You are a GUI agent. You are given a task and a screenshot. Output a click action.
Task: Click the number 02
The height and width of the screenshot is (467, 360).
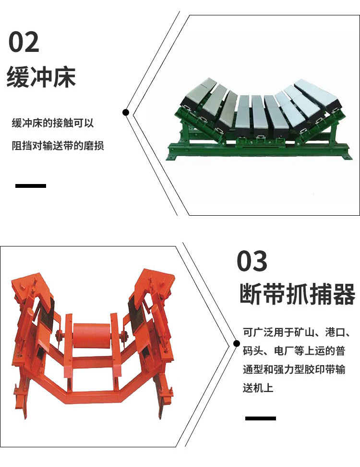(24, 42)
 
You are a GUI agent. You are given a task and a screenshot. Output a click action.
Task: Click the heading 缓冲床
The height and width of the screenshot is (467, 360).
(41, 77)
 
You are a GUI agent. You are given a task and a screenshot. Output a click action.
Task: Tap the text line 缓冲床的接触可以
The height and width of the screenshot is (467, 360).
(53, 123)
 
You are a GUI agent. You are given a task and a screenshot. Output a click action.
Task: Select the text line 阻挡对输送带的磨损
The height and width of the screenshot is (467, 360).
(58, 146)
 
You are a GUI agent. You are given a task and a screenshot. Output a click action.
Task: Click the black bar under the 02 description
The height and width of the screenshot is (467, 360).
(31, 186)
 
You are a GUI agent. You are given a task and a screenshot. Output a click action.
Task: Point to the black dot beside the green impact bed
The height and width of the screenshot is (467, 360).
(126, 112)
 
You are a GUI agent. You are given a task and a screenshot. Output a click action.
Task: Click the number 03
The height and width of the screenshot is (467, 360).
(252, 261)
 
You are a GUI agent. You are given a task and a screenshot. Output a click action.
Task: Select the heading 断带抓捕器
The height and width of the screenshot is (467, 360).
(298, 294)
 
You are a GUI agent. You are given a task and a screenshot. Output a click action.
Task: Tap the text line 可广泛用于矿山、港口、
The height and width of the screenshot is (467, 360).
(297, 332)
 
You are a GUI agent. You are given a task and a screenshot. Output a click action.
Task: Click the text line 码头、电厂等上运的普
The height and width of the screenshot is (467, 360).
(294, 351)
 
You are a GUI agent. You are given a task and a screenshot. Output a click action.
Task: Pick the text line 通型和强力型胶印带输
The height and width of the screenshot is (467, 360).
(294, 369)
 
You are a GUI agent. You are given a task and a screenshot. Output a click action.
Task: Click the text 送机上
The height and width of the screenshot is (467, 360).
(258, 388)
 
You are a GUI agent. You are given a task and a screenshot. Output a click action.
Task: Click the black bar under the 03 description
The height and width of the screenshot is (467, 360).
(260, 418)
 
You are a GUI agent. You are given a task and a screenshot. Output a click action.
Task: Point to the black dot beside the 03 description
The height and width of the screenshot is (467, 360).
(237, 344)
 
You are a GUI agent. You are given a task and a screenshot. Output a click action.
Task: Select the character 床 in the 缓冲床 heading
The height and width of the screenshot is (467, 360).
(65, 77)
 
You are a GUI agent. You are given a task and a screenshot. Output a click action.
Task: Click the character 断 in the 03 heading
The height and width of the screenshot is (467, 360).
(251, 294)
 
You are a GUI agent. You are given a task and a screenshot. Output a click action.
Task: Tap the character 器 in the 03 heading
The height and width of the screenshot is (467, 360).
(345, 294)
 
